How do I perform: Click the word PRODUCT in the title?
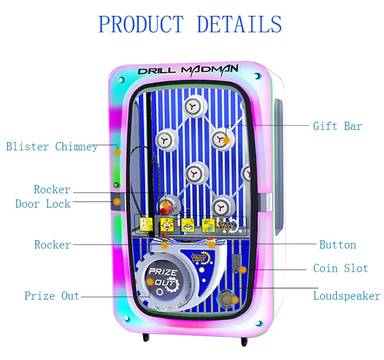tap(141, 25)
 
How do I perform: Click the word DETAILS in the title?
tap(239, 25)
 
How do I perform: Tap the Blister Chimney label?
tap(52, 147)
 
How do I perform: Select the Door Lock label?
tap(42, 204)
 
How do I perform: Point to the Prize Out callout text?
tap(52, 296)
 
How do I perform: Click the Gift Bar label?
tap(337, 126)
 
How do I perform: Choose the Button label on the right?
tap(337, 244)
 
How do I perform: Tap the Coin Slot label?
tap(340, 268)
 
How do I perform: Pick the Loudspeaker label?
tap(347, 296)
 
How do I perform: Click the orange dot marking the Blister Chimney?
tap(117, 152)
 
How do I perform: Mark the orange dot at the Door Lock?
tap(117, 202)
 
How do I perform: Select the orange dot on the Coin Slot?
tap(243, 269)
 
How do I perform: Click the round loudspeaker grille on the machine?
tap(225, 298)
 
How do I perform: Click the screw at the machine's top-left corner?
tap(121, 80)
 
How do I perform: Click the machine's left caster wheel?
tap(144, 338)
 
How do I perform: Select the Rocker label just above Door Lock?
tap(52, 190)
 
